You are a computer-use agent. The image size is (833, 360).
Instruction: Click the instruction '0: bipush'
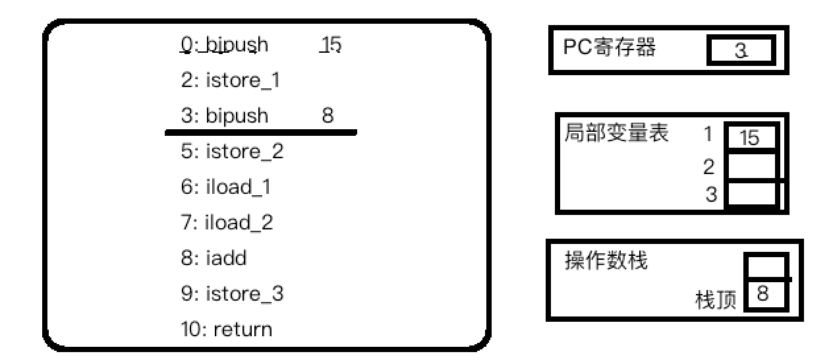point(224,45)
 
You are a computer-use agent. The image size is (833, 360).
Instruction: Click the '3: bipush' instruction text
point(225,117)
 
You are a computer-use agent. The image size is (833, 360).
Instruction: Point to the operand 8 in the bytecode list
point(327,117)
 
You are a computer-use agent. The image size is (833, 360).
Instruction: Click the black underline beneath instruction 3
point(260,133)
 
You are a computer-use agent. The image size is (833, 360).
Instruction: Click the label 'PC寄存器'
point(610,47)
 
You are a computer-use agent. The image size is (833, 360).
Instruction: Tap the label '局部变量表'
point(617,134)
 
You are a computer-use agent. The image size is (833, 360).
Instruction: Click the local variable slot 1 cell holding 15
point(751,138)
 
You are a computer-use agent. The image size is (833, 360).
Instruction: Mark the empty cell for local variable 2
point(751,167)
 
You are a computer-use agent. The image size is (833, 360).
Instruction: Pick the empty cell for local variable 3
point(751,195)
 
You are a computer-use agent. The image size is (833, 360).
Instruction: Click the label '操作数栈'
point(606,261)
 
